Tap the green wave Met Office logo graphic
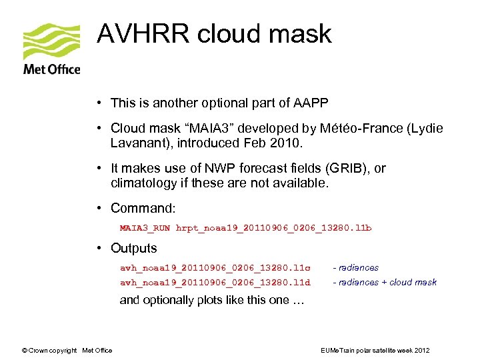[x=51, y=42]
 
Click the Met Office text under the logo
[x=51, y=69]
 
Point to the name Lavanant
[x=136, y=143]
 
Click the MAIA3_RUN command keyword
[x=145, y=228]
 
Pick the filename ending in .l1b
[x=273, y=228]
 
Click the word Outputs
[x=134, y=248]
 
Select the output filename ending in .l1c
[x=215, y=268]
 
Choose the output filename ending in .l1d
[x=215, y=283]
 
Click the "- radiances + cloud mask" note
[x=385, y=283]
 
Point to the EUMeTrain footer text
[x=375, y=351]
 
